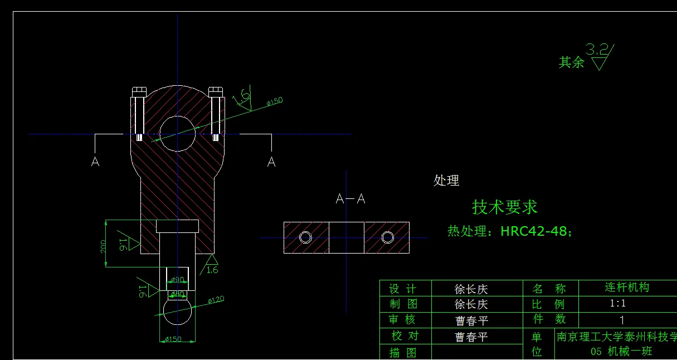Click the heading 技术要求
coord(504,207)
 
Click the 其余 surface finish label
coord(571,62)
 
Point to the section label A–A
coord(350,199)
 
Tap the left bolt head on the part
coord(139,91)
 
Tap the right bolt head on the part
coord(216,91)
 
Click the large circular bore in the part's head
coord(178,134)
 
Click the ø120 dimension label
coord(216,300)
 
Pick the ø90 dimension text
coord(177,279)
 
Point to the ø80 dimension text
coord(177,294)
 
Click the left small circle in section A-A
coord(305,237)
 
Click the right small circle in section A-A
coord(387,237)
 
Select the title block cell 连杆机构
coord(627,288)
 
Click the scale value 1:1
coord(618,304)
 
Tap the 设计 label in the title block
coord(402,289)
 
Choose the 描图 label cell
coord(402,353)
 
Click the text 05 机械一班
coord(621,352)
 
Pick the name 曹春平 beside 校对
coord(471,337)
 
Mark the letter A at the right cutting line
coord(271,162)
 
